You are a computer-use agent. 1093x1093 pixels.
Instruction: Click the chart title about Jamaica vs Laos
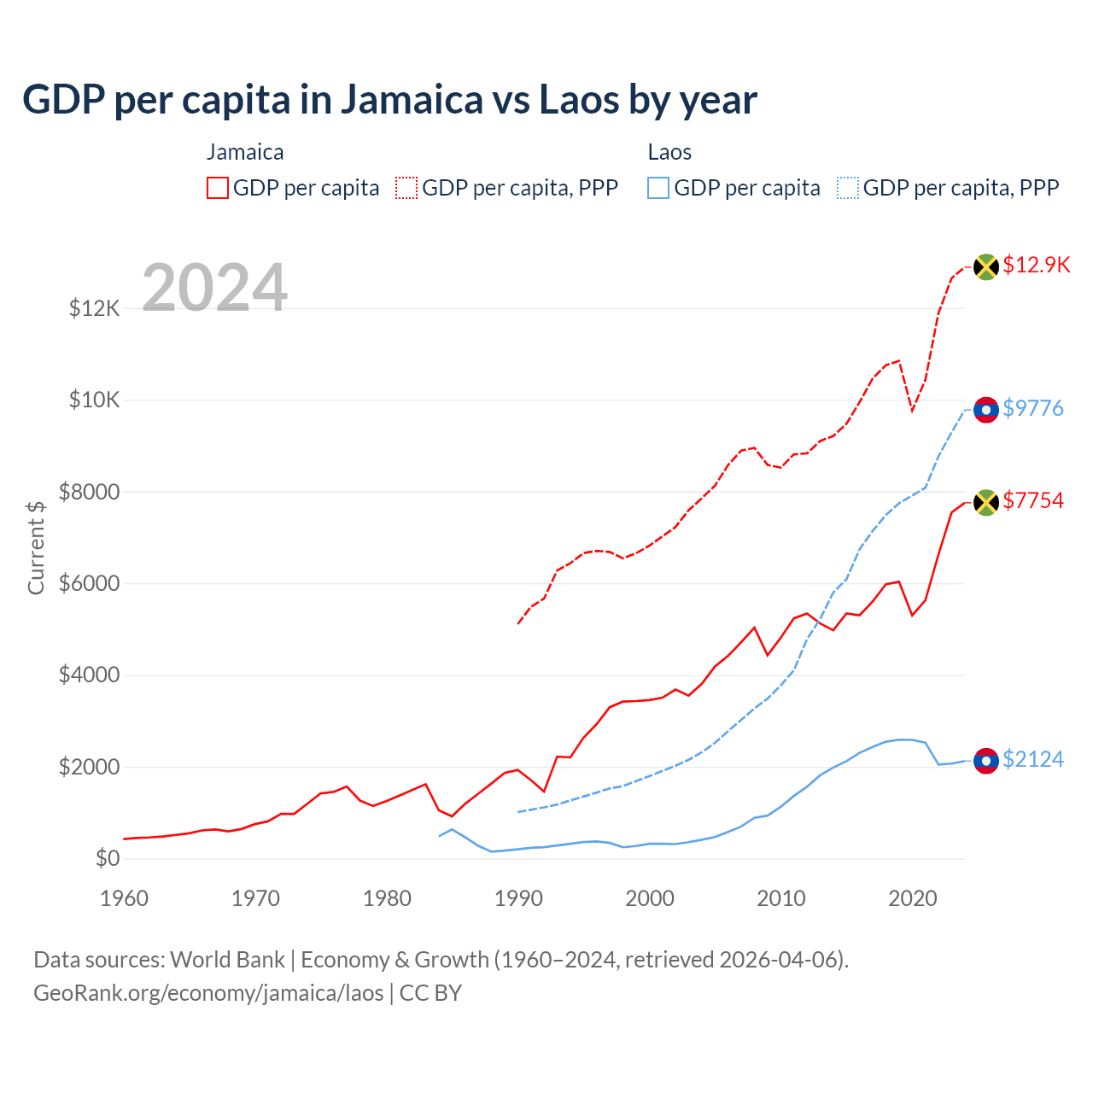389,100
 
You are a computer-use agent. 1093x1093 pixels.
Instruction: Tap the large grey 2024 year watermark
214,288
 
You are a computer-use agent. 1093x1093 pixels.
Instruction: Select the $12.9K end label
1036,265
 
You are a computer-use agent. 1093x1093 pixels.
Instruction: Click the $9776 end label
1032,408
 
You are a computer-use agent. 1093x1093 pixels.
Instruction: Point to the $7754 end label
1032,500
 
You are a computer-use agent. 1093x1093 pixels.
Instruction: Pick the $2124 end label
1032,759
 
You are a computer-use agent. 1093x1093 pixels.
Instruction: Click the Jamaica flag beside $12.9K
986,266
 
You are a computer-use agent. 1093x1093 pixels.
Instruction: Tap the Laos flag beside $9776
986,410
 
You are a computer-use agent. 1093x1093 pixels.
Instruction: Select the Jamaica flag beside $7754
986,502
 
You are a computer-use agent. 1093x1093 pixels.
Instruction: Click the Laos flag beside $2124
986,761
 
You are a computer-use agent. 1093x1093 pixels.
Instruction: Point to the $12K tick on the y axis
95,308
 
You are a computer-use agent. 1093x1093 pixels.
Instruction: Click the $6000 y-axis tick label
89,584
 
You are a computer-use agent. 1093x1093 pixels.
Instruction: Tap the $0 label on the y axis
107,859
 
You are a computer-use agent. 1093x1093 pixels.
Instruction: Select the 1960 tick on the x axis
125,898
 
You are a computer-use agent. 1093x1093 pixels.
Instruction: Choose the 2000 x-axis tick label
650,898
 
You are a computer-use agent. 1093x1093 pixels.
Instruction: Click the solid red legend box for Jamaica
218,188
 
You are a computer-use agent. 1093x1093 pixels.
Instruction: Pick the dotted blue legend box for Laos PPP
848,188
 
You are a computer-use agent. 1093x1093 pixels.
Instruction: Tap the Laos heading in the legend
669,152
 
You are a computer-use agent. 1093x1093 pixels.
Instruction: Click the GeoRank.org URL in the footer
208,993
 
